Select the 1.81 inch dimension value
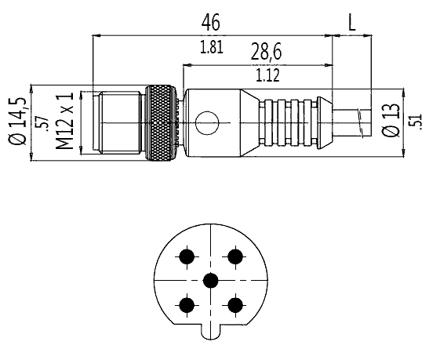(212, 47)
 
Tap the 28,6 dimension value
(266, 52)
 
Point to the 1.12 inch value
(267, 75)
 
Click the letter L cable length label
(352, 23)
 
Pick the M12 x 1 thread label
(65, 121)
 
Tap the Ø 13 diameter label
(391, 119)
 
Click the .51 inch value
(415, 121)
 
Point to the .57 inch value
(42, 124)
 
